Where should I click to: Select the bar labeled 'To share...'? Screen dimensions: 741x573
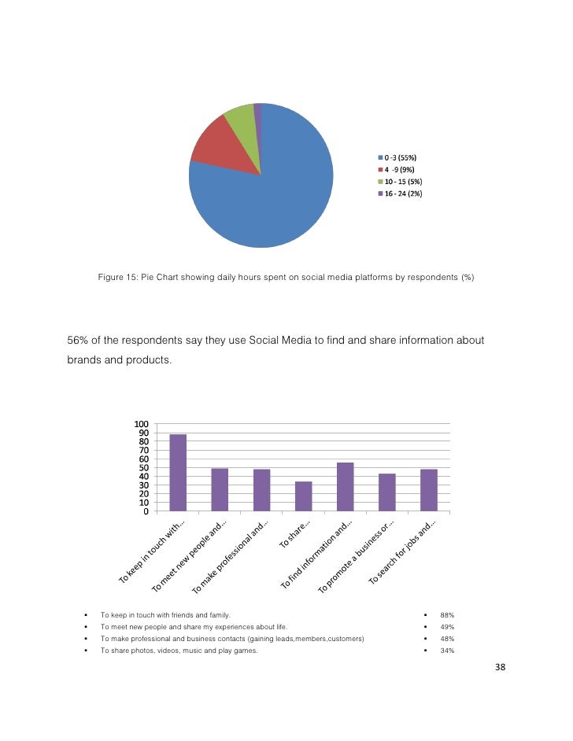coord(303,496)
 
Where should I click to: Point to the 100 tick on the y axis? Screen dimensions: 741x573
coord(141,425)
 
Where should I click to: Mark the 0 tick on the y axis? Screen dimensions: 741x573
coord(146,511)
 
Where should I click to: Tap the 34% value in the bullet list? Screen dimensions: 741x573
coord(447,651)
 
